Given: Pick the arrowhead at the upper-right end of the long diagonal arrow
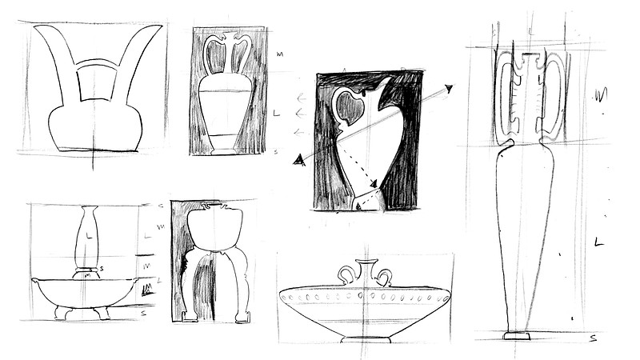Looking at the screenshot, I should coord(450,89).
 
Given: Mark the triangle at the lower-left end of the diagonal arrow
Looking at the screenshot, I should coord(300,160).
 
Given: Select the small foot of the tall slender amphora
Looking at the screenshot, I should coord(516,335).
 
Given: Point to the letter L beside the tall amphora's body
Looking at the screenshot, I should coord(598,241).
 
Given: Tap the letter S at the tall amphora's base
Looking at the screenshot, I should coord(593,339).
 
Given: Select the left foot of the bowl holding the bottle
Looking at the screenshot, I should coord(61,313).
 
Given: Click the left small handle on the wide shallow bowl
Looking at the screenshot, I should coord(347,275).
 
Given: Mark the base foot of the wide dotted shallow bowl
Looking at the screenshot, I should coord(366,339).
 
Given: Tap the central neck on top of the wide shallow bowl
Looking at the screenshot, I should coord(366,270).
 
